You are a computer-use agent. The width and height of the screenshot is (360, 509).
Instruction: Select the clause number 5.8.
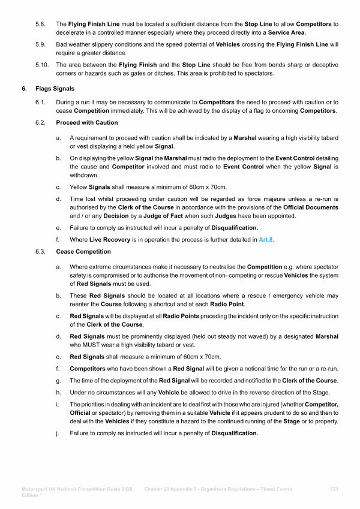point(40,24)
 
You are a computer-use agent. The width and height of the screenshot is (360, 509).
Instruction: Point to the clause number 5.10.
point(41,65)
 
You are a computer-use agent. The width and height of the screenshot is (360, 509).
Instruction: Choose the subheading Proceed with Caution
point(87,123)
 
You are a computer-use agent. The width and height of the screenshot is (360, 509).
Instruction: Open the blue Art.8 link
point(266,239)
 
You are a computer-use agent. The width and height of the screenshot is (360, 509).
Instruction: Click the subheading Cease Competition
point(83,251)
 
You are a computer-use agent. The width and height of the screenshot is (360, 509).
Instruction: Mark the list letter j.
point(58,433)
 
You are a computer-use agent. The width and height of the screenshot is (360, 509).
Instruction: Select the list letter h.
point(58,393)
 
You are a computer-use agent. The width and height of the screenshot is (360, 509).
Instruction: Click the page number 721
point(334,489)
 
